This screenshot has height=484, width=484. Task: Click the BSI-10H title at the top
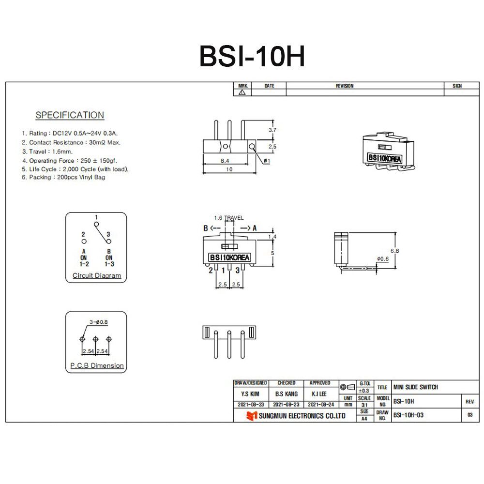[252, 57]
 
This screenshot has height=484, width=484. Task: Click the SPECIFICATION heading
[70, 115]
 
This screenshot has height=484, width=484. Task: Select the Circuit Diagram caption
[97, 276]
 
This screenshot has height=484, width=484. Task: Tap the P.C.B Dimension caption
[97, 365]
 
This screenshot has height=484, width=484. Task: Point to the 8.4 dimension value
[225, 160]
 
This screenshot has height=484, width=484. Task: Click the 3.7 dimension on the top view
[272, 130]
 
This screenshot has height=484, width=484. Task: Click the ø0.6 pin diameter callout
[383, 259]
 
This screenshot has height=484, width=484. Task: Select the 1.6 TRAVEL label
[229, 218]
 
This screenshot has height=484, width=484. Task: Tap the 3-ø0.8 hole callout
[98, 322]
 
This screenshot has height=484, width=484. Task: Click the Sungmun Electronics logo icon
[251, 416]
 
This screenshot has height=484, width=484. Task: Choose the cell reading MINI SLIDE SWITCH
[416, 387]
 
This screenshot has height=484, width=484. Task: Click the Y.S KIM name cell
[250, 394]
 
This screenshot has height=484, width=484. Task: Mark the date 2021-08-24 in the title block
[320, 404]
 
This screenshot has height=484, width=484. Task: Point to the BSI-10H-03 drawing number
[409, 415]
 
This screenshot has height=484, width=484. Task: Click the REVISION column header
[345, 86]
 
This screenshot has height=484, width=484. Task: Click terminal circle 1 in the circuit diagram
[96, 224]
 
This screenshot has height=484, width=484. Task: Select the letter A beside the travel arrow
[255, 228]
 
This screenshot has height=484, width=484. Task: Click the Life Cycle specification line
[75, 169]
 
